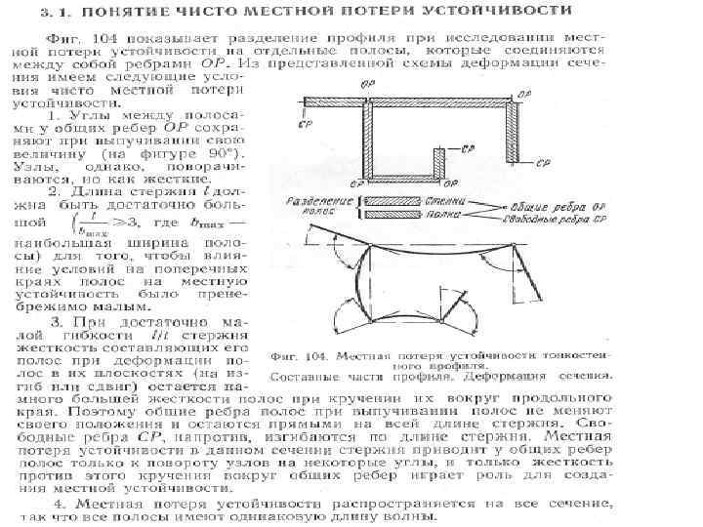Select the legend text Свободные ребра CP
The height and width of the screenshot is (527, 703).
coord(565,221)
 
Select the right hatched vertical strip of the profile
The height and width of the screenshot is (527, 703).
coord(512,131)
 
